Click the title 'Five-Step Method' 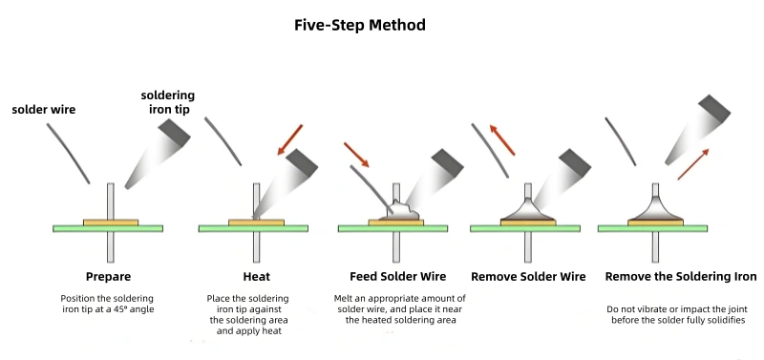coord(360,25)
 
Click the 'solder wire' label coord(43,110)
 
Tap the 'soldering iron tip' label coord(167,102)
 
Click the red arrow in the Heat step coord(289,139)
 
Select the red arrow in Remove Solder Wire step coord(503,139)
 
